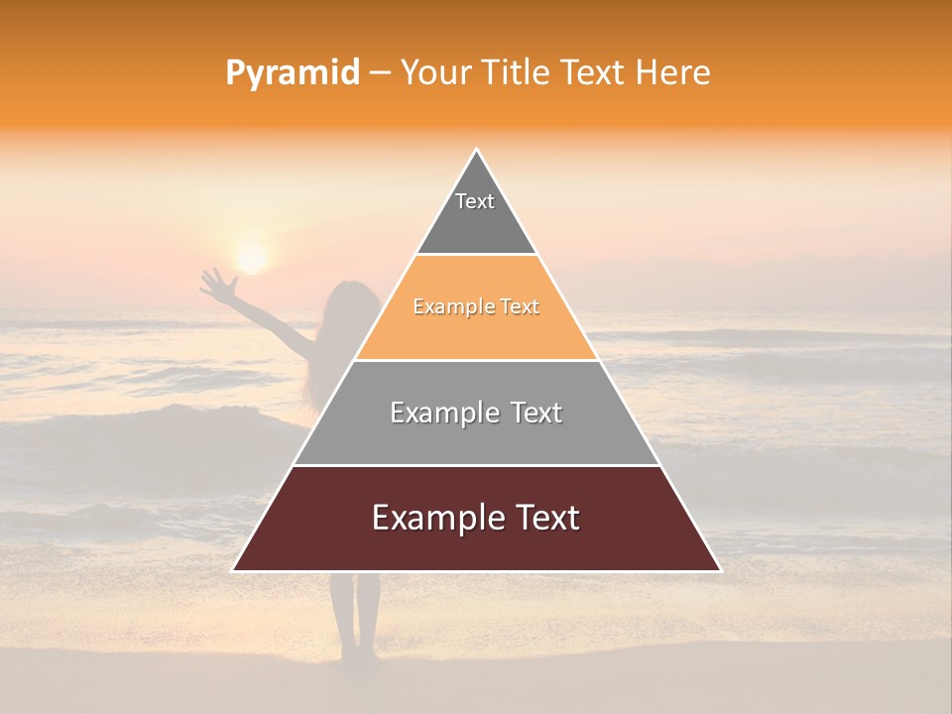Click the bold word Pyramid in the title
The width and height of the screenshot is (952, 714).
pyautogui.click(x=293, y=73)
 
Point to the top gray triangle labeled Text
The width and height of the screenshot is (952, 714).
pyautogui.click(x=476, y=213)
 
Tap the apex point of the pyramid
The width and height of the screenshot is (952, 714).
pyautogui.click(x=477, y=151)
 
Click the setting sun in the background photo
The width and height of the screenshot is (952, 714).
pyautogui.click(x=251, y=258)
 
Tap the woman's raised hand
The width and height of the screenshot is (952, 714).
pyautogui.click(x=215, y=284)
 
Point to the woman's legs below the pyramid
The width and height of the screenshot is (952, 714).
pyautogui.click(x=355, y=615)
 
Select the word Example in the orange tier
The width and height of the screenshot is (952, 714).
pyautogui.click(x=443, y=307)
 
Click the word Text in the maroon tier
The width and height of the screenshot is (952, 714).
pyautogui.click(x=544, y=518)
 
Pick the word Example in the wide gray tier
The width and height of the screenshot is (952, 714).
pyautogui.click(x=433, y=413)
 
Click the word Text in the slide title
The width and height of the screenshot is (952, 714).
pyautogui.click(x=595, y=72)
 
